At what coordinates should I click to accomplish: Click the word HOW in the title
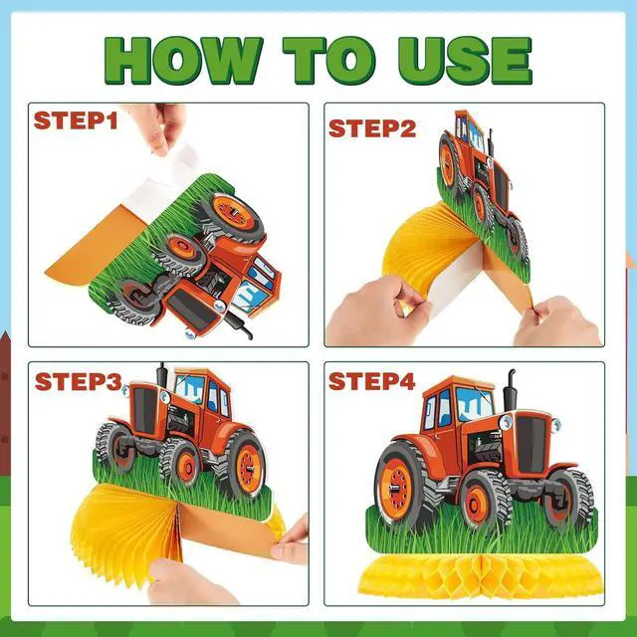(x=183, y=60)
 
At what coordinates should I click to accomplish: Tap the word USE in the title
(x=465, y=60)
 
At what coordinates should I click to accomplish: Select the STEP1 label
(x=76, y=120)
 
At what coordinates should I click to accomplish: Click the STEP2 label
(x=372, y=128)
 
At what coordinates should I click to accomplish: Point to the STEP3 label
(x=79, y=381)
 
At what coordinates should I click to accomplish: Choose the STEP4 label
(x=371, y=381)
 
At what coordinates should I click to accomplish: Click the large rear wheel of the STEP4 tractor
(x=399, y=486)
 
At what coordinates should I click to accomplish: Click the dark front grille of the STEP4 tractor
(x=531, y=444)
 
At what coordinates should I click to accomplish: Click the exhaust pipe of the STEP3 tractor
(x=162, y=375)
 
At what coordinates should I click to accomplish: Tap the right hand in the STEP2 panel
(x=558, y=320)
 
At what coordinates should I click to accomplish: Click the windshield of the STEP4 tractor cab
(x=475, y=403)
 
